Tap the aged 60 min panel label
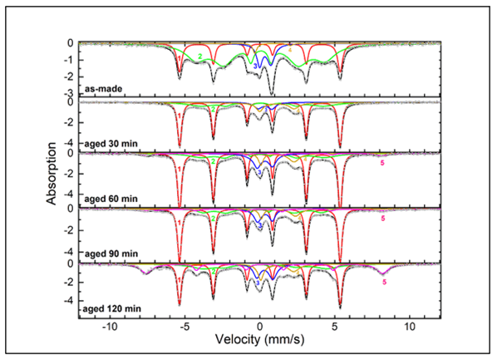pyautogui.click(x=106, y=198)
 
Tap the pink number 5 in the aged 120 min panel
pyautogui.click(x=384, y=283)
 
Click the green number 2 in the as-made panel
pyautogui.click(x=200, y=56)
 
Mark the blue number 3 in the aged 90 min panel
pyautogui.click(x=258, y=226)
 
